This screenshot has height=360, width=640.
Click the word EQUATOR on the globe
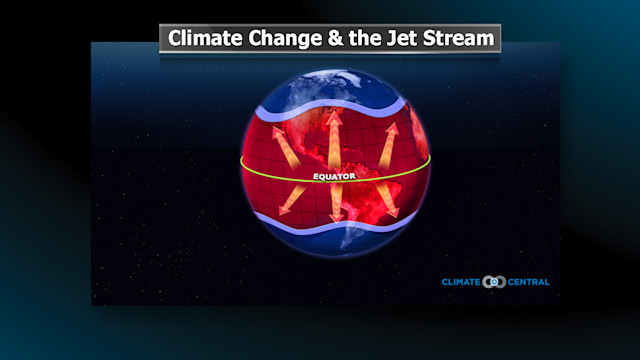click(x=333, y=177)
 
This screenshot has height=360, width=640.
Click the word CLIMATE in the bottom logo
click(x=461, y=282)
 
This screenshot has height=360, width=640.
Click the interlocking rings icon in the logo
click(x=495, y=282)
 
